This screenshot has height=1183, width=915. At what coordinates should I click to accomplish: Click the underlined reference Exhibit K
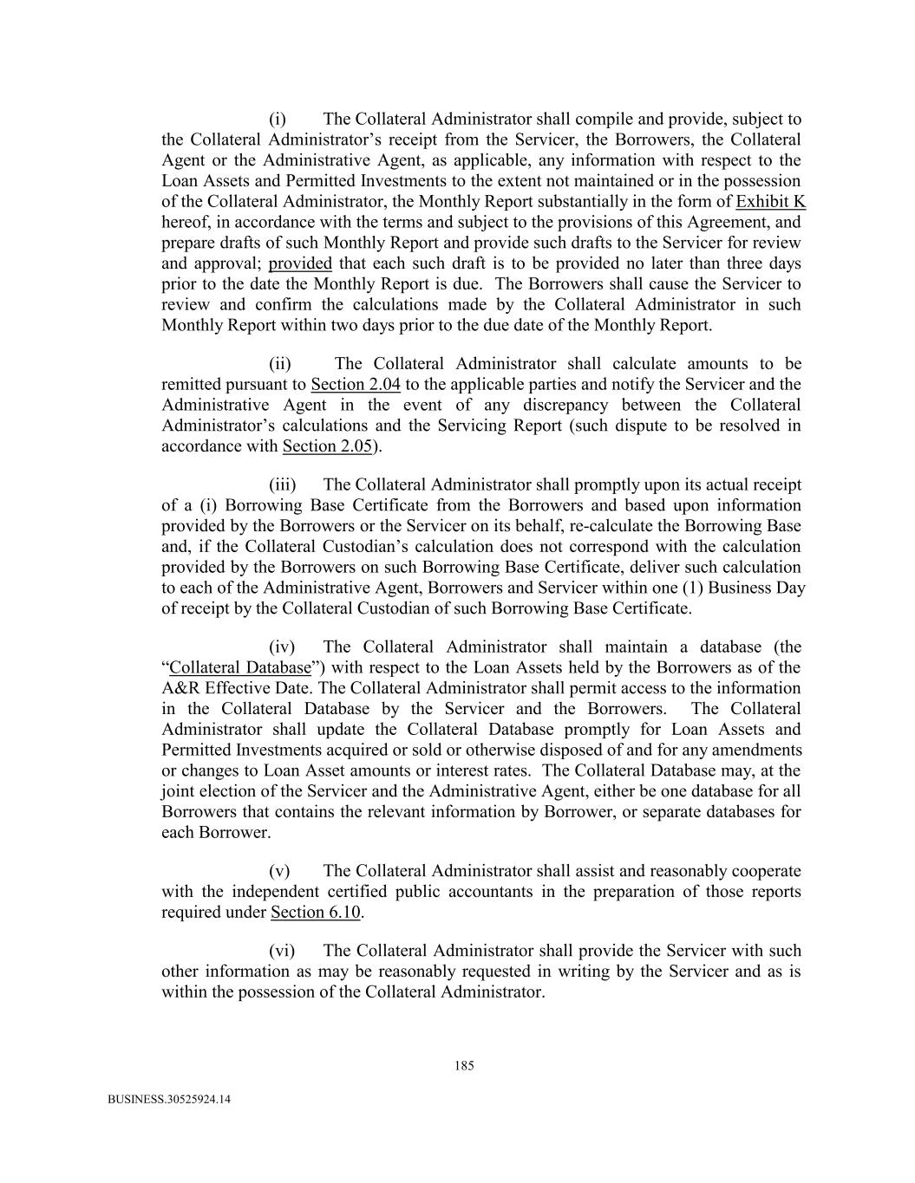tap(770, 202)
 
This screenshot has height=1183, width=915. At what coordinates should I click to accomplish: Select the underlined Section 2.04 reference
tap(355, 384)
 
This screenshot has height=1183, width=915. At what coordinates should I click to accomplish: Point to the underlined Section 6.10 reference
tap(316, 913)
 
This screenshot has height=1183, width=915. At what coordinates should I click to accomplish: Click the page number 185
tap(464, 1066)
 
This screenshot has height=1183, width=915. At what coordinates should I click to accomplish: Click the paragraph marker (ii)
tap(280, 364)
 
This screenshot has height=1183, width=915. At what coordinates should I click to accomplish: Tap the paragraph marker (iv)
tap(282, 647)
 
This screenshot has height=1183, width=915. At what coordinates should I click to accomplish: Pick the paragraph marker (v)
tap(279, 871)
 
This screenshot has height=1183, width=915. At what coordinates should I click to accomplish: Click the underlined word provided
tap(300, 263)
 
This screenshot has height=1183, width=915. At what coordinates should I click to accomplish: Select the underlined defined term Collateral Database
tap(240, 668)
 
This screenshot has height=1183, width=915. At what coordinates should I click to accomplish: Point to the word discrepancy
tap(571, 405)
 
